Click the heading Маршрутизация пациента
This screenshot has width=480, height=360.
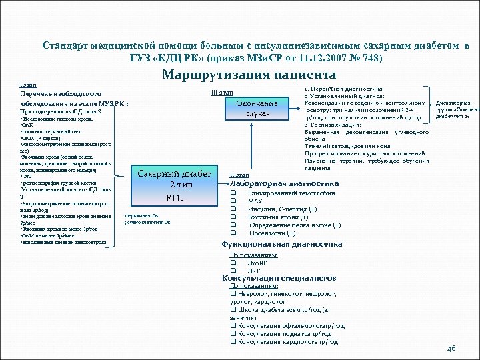tap(249, 75)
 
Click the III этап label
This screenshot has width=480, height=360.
tap(221, 92)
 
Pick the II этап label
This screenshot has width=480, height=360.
tap(239, 175)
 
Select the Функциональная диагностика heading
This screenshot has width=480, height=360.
tap(282, 245)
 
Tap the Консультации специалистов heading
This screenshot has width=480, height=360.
tap(279, 278)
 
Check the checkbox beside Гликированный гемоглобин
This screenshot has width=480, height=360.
tap(234, 193)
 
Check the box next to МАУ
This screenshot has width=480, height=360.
tap(234, 201)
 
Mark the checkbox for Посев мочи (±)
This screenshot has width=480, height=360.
tap(234, 233)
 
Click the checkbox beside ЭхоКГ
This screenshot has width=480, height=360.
tap(233, 263)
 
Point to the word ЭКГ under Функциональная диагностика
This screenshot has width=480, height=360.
tap(254, 271)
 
